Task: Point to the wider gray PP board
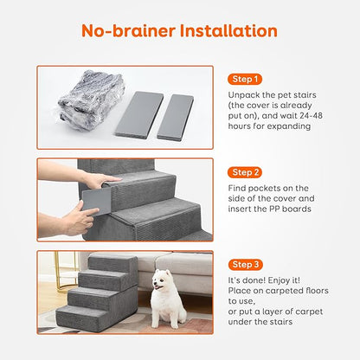coord(136,113)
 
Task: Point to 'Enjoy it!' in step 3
coord(283,281)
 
